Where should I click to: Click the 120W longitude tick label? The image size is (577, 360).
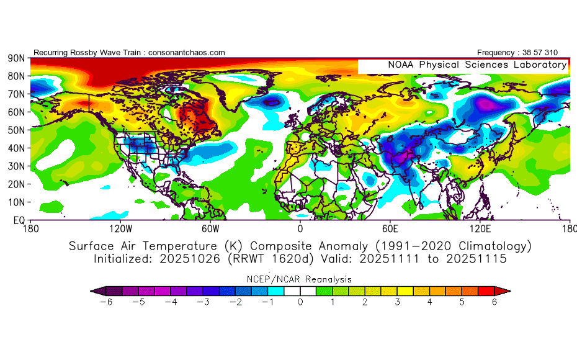(x=120, y=228)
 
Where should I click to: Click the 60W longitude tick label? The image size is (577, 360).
(x=210, y=228)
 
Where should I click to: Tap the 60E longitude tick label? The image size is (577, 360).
(x=390, y=228)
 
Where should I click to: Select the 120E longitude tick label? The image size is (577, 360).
(x=480, y=228)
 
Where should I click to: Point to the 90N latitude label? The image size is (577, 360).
(x=16, y=58)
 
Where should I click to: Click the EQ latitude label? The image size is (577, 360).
(x=19, y=220)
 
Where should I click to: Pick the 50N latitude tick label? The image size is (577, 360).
(x=16, y=130)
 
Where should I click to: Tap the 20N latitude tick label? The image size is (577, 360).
(x=16, y=184)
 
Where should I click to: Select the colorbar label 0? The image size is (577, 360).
(x=300, y=302)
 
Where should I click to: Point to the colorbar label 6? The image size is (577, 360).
(x=494, y=302)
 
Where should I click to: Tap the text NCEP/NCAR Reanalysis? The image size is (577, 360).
(x=300, y=279)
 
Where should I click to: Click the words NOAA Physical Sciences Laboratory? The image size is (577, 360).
(x=476, y=65)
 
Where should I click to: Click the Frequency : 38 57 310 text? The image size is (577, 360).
(x=517, y=53)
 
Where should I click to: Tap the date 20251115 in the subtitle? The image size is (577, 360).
(x=479, y=259)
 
